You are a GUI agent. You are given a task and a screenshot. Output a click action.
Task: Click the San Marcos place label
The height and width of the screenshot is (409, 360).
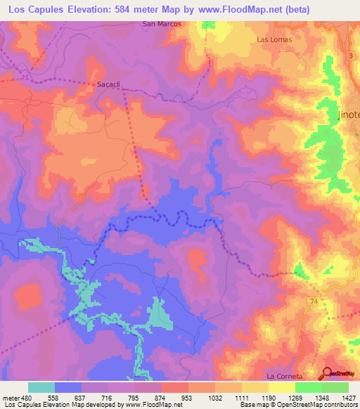pyautogui.click(x=162, y=23)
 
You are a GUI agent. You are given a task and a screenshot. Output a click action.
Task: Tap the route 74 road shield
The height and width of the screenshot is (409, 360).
pyautogui.click(x=311, y=300)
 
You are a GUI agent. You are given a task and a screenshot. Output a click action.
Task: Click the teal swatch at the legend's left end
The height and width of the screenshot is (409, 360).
pyautogui.click(x=41, y=387)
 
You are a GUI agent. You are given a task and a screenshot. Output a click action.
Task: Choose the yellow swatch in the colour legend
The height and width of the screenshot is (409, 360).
pyautogui.click(x=281, y=387)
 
